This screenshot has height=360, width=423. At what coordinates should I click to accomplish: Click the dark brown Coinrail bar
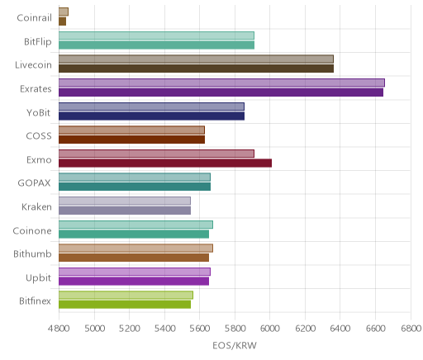tap(62, 21)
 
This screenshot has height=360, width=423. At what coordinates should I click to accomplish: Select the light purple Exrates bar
tap(221, 83)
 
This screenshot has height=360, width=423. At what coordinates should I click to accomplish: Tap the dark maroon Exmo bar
tap(165, 163)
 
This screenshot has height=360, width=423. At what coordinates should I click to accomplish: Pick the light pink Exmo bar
tap(156, 154)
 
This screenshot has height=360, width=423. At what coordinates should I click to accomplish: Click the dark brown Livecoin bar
tap(196, 69)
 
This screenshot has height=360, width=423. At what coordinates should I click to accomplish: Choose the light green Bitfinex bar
tap(126, 295)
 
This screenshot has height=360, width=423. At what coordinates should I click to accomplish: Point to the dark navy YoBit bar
tap(151, 116)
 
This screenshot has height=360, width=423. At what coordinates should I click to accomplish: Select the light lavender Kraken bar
tap(125, 201)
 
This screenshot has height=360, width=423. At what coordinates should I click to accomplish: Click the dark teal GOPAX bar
tap(135, 187)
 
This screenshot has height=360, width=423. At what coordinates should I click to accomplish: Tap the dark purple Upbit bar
tap(134, 281)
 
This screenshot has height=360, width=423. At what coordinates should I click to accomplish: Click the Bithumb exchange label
tap(32, 253)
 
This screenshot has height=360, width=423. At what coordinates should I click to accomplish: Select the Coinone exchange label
tap(32, 230)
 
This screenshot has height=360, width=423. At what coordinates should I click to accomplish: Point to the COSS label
tap(39, 136)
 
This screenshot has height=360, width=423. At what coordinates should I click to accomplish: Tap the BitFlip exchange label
tap(38, 42)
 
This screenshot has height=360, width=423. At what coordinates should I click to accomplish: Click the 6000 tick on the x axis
tap(270, 329)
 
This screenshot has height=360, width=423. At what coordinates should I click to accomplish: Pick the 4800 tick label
tap(59, 329)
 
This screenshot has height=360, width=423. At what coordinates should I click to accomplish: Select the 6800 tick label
tap(411, 329)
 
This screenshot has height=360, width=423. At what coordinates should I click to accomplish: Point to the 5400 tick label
tap(164, 329)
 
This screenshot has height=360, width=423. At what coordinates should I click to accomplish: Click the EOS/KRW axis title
tap(235, 345)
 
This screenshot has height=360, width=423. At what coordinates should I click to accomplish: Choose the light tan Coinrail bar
tap(64, 12)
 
